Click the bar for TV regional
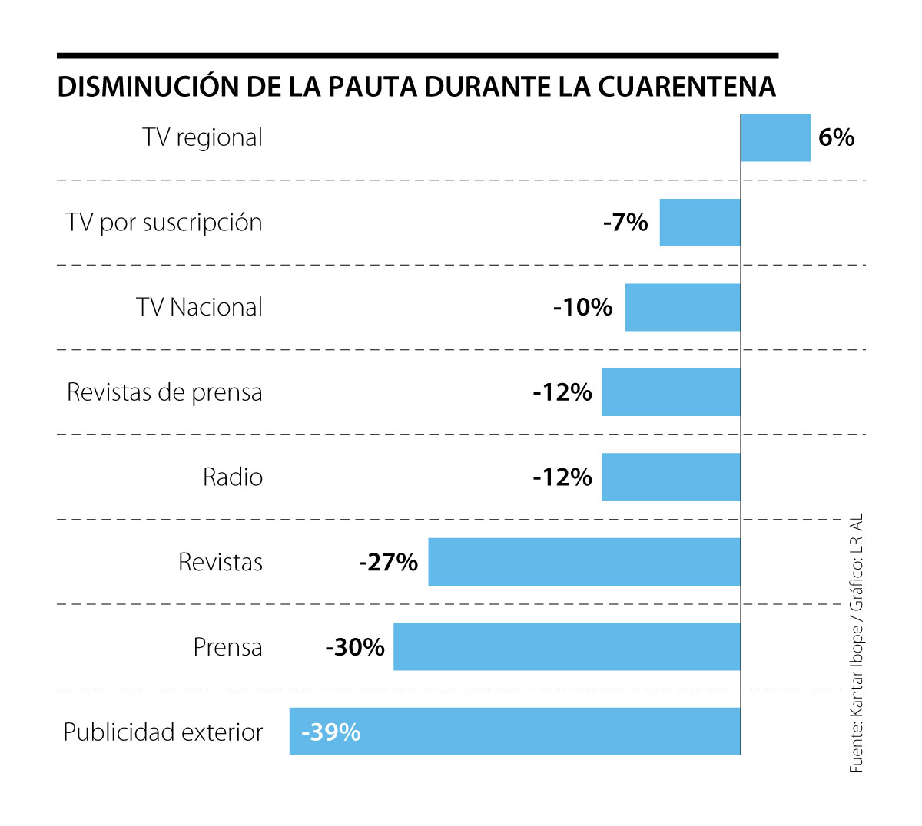click(775, 138)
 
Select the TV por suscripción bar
click(700, 223)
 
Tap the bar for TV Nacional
click(682, 308)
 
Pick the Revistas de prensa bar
click(671, 392)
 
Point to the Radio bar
click(671, 477)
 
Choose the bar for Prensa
click(566, 647)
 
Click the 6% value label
click(836, 137)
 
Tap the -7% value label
click(625, 223)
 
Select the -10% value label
click(583, 308)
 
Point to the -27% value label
click(388, 563)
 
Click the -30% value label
click(354, 647)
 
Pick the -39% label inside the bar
click(331, 732)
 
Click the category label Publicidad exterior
click(163, 732)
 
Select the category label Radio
click(232, 477)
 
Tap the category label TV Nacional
click(199, 308)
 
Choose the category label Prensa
click(227, 647)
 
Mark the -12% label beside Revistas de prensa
click(562, 392)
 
